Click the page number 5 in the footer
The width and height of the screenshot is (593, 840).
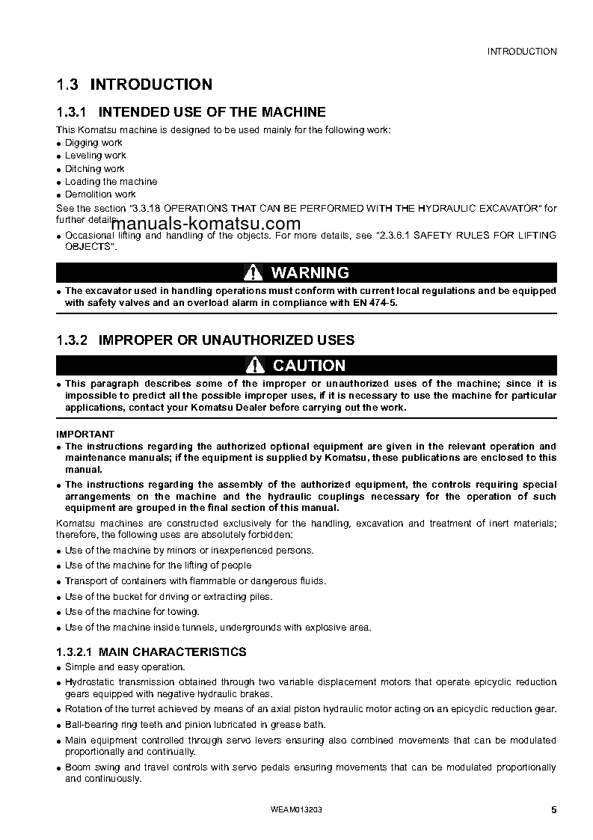coord(553,810)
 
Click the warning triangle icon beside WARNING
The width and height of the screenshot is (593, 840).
coord(254,272)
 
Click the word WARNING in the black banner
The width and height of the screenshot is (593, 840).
coord(310,272)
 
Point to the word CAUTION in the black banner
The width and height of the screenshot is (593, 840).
coord(309,365)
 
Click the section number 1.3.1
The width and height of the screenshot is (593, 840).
coord(73,112)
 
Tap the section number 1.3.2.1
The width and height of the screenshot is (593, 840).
coord(74,652)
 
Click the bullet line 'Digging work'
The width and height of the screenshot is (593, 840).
coord(93,142)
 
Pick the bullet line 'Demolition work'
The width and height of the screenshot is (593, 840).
coord(100,194)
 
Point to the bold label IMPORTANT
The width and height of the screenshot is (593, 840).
coord(85,434)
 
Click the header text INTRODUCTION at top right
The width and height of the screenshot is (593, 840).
coord(522,52)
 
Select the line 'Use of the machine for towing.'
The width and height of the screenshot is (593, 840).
coord(121,612)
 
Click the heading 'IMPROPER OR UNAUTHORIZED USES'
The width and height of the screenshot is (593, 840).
coord(227,340)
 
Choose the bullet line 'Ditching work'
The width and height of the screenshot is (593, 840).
coord(95,168)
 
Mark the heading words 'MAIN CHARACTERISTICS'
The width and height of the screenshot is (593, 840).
coord(173,652)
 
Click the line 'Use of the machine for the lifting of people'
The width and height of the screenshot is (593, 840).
coord(158,565)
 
